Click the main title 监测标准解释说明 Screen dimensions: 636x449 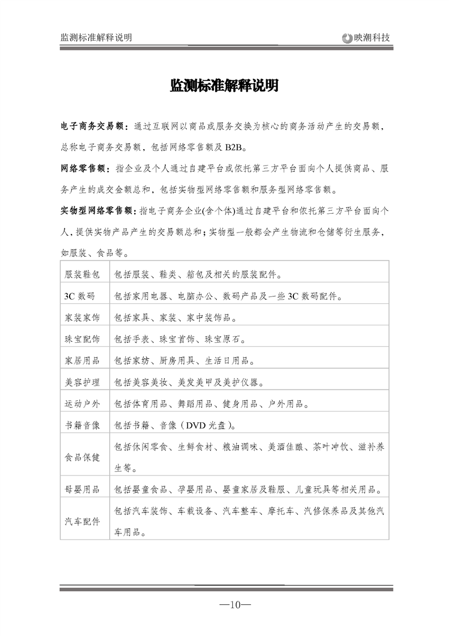(224, 86)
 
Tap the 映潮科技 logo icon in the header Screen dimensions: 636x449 (347, 38)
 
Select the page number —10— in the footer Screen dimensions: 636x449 (235, 605)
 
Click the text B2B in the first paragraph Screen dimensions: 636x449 (234, 147)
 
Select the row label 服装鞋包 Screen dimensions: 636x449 (83, 275)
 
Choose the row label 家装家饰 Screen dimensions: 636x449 (83, 318)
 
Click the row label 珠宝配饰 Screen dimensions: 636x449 (83, 340)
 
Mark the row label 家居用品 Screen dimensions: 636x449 (83, 361)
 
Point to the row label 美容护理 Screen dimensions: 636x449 (83, 383)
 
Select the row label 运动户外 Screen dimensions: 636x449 (83, 404)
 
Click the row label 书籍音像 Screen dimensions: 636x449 (83, 425)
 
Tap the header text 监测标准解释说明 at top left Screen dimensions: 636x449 (96, 37)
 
